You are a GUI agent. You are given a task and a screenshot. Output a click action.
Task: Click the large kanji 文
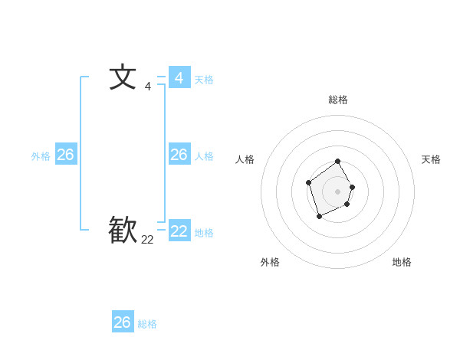coord(123,77)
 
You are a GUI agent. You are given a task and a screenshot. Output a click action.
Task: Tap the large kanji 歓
coord(123,230)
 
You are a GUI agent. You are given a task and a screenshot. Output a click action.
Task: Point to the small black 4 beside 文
coord(147,87)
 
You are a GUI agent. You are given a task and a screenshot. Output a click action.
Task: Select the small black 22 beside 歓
coord(147,240)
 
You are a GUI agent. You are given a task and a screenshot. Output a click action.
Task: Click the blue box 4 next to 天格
coord(179,77)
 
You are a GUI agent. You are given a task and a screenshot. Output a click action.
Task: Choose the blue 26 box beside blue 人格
coord(179,155)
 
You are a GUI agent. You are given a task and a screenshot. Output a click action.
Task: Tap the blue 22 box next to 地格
coord(179,231)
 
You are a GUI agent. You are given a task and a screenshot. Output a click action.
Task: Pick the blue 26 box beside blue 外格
coord(65,155)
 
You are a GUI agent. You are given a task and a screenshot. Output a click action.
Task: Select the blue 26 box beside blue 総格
coord(123,322)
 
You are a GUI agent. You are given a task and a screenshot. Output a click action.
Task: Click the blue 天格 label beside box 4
coord(204,80)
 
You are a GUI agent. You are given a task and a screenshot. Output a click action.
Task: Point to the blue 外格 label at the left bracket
coord(41,156)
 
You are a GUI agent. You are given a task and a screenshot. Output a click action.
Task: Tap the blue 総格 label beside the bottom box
coord(147,324)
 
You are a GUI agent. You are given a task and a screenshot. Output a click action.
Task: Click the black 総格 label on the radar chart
coord(338,100)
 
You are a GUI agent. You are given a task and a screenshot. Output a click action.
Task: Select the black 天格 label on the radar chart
coord(431,159)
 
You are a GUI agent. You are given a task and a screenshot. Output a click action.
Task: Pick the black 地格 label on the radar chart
coord(402,262)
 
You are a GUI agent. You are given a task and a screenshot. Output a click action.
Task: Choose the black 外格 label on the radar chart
coord(270,262)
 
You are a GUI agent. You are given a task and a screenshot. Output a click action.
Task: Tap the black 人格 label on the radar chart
coord(245,159)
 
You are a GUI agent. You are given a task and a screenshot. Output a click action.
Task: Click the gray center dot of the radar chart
coord(338,191)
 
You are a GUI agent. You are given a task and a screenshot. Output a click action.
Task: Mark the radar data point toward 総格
coord(338,162)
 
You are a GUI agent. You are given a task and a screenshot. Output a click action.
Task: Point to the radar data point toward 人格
coord(308,182)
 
